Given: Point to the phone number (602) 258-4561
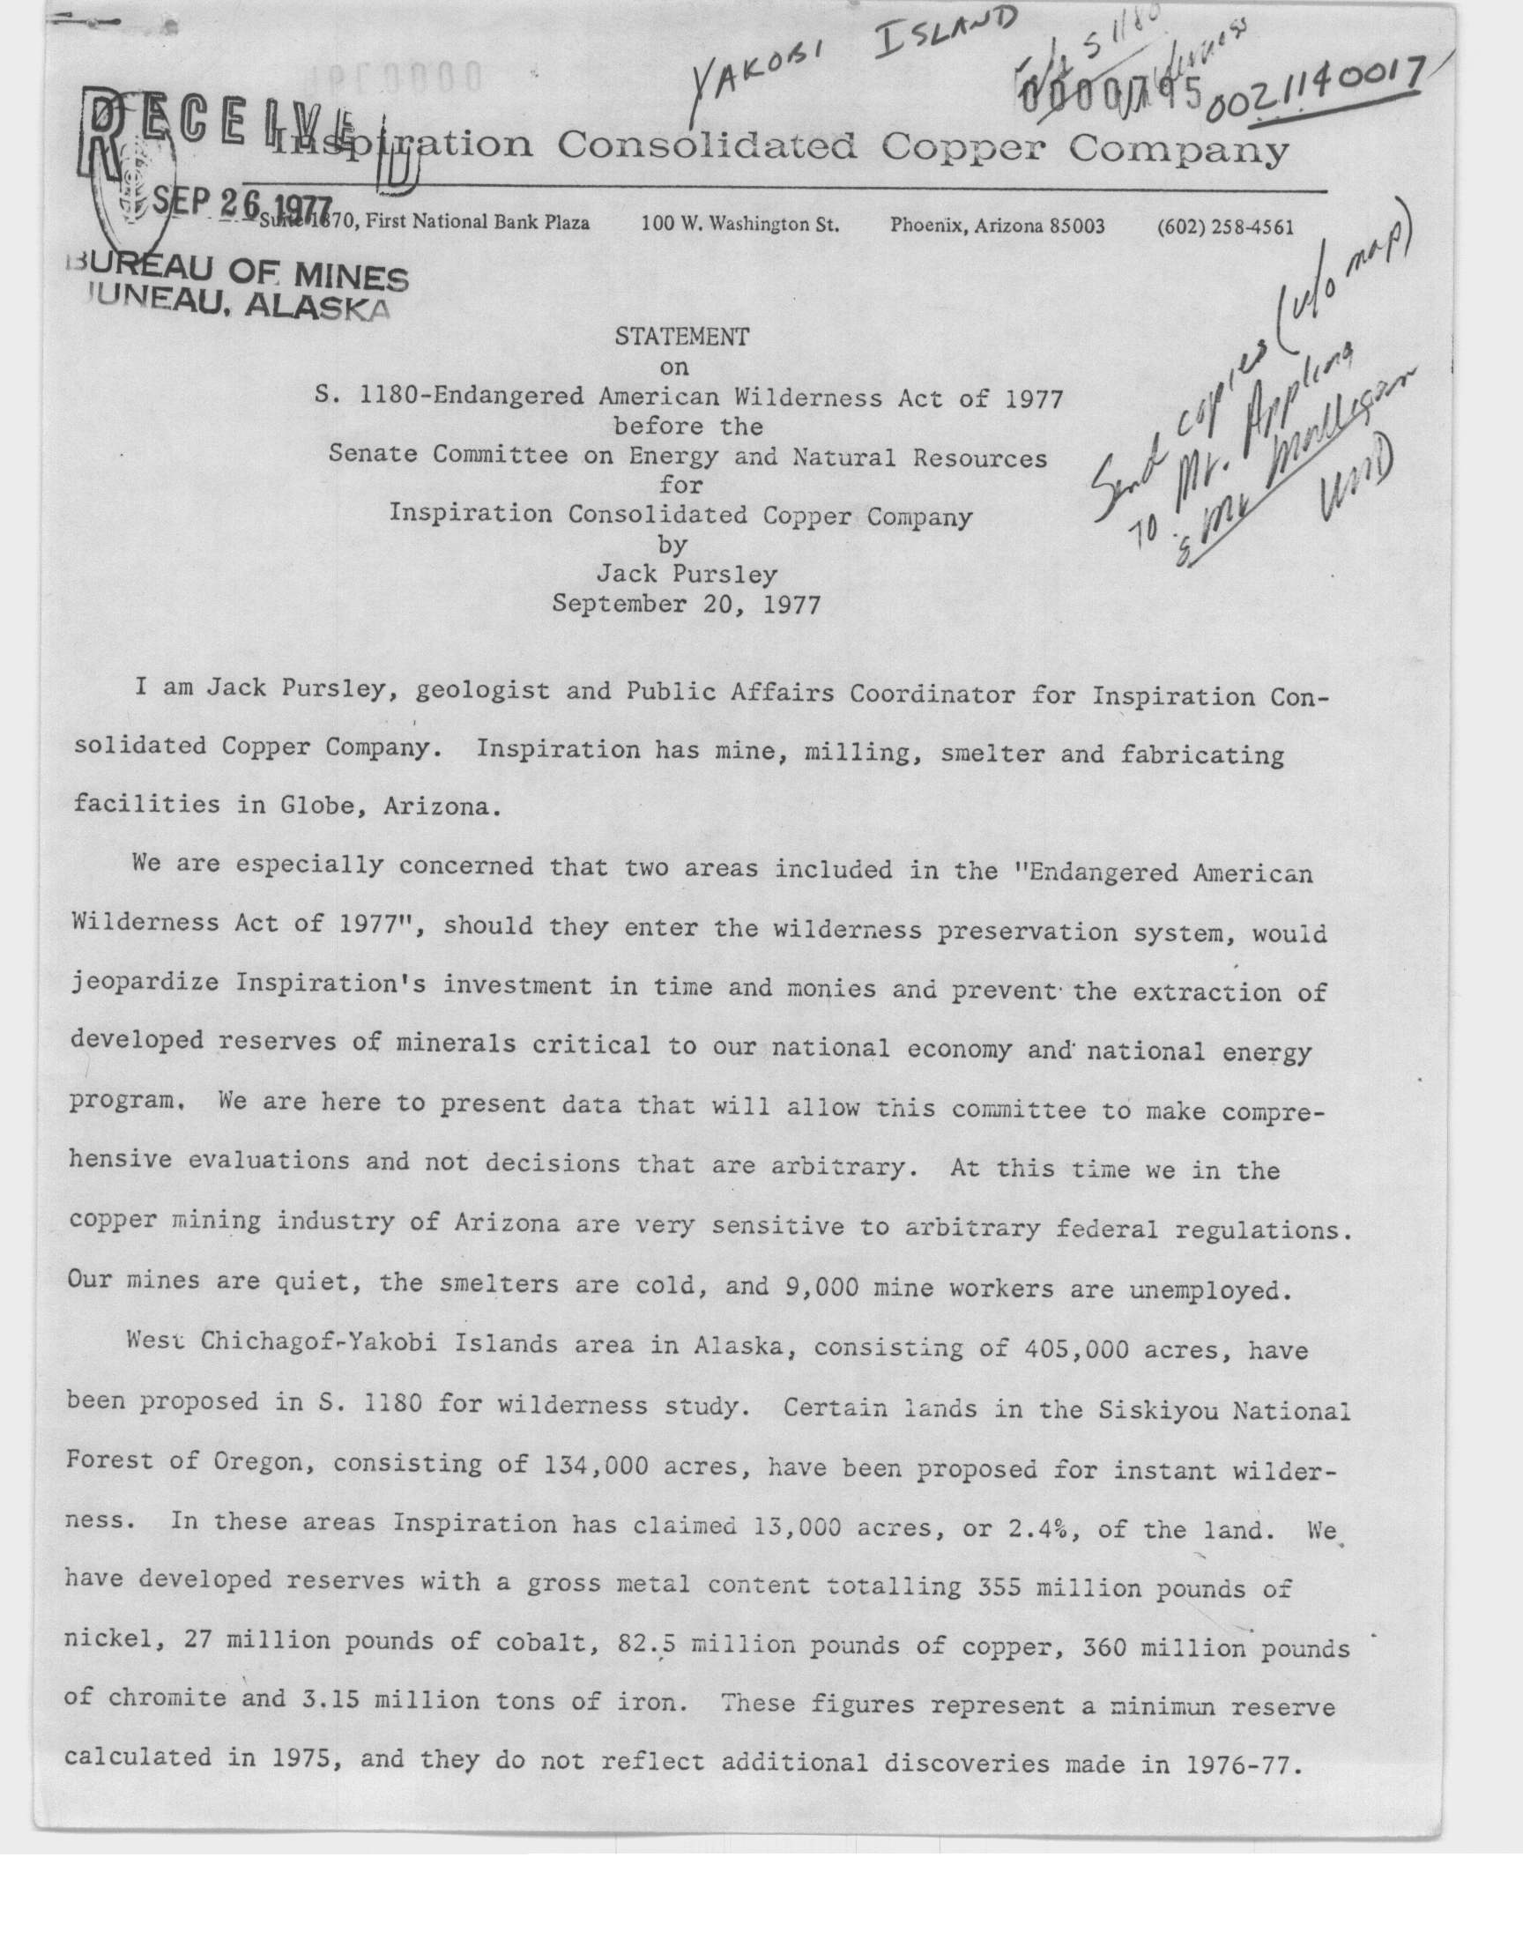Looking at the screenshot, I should pyautogui.click(x=1224, y=227).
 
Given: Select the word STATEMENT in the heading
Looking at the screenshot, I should pyautogui.click(x=682, y=336).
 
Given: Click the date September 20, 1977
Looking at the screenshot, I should pyautogui.click(x=686, y=605).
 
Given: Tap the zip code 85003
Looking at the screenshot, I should pyautogui.click(x=1076, y=226).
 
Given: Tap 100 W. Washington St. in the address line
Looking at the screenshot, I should pyautogui.click(x=739, y=224).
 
